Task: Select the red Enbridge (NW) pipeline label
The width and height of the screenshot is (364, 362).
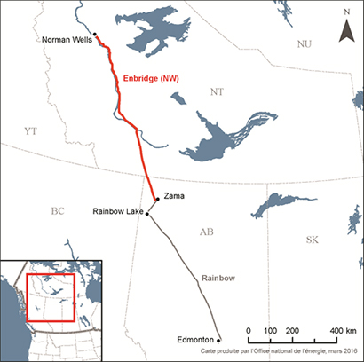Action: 158,78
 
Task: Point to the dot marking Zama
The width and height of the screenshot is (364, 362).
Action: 157,199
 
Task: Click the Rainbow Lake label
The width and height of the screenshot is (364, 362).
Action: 117,211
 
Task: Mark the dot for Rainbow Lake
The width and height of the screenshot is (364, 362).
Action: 147,214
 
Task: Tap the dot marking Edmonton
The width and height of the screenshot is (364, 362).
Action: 218,339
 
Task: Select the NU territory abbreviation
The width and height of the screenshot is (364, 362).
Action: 305,42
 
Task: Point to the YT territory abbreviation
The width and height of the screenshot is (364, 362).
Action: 31,130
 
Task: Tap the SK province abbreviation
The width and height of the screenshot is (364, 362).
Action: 312,240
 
